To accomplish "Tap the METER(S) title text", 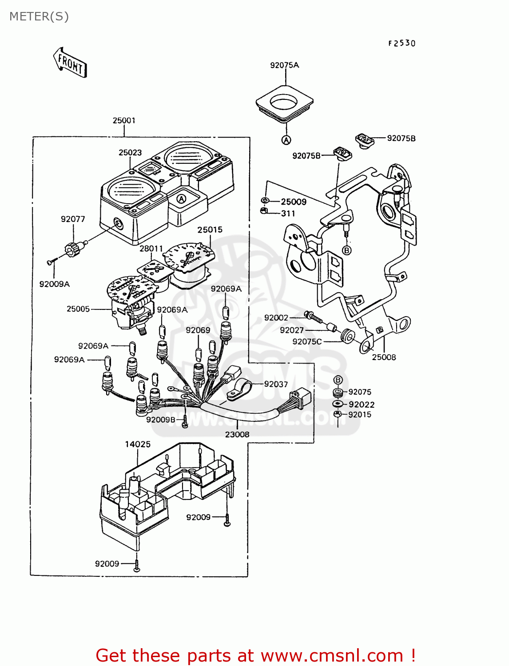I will pos(39,16).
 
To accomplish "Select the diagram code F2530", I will pos(402,43).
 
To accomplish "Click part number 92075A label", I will pos(285,65).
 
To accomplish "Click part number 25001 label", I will pos(124,120).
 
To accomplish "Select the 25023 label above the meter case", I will pos(130,152).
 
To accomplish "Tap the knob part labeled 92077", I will pos(73,249).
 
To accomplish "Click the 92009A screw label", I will pos(55,284).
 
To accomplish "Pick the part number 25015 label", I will pos(210,230).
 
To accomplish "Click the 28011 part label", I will pos(151,249).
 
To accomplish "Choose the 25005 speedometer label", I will pos(78,309).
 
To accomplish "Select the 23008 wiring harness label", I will pos(237,434).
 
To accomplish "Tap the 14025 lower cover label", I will pos(138,444).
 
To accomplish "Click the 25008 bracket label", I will pos(384,357).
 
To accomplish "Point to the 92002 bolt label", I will pos(276,317).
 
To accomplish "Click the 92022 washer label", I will pos(362,404).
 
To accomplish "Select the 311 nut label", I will pos(288,213).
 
